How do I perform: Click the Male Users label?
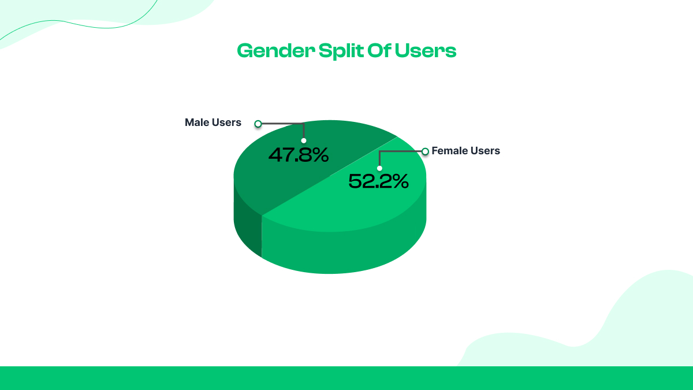tap(213, 122)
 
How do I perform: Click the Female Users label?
tap(465, 151)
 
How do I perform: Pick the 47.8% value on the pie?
tap(299, 155)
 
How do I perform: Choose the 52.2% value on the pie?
tap(378, 181)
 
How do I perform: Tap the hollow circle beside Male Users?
tap(258, 123)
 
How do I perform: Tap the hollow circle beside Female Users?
tap(426, 151)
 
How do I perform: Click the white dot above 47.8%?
tap(304, 140)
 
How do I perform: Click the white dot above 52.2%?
tap(379, 168)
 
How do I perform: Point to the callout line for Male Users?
tap(283, 123)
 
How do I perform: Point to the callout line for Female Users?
tap(401, 151)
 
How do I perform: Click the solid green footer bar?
tap(346, 378)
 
